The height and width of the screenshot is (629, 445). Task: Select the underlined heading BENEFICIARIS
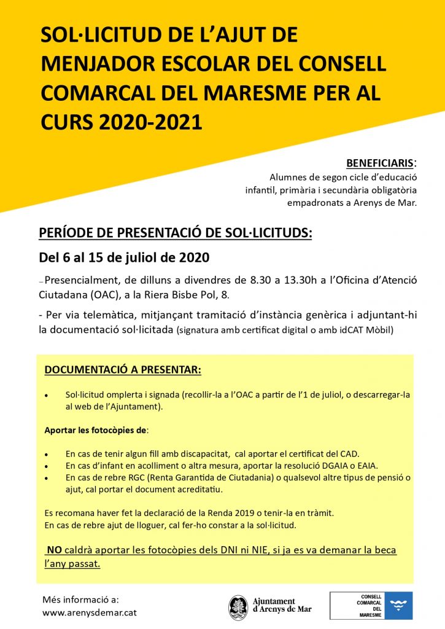(379, 163)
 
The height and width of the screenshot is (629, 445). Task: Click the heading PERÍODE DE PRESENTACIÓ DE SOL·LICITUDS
(176, 233)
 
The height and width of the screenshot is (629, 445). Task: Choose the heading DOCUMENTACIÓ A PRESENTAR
(123, 371)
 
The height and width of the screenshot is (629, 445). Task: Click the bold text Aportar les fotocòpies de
(96, 430)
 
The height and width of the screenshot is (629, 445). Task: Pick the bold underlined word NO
(55, 550)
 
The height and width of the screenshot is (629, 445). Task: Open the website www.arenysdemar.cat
(90, 612)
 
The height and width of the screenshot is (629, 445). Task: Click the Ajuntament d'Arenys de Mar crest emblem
(238, 607)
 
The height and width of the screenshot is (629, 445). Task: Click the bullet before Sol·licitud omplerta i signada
(47, 395)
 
